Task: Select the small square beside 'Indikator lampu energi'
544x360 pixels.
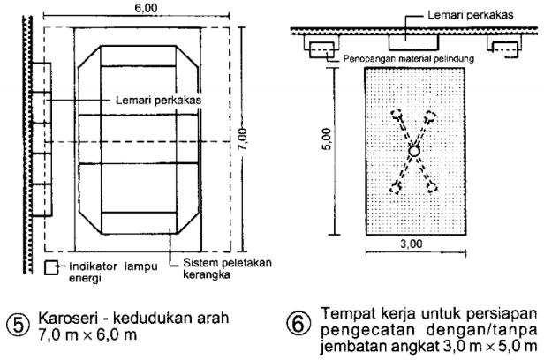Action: click(50, 266)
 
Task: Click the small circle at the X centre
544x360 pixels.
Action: click(413, 152)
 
